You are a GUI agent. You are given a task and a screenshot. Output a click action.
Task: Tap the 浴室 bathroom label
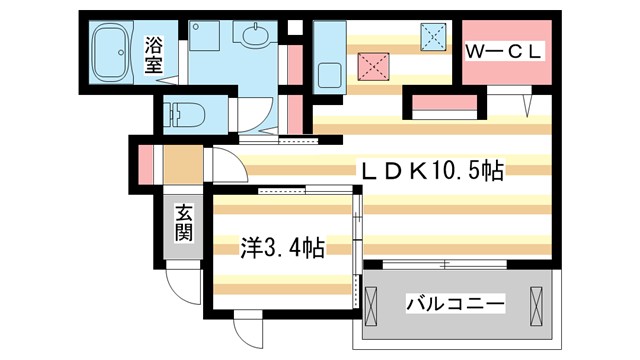click(154, 54)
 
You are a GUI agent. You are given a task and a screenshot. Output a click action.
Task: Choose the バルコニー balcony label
click(455, 303)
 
